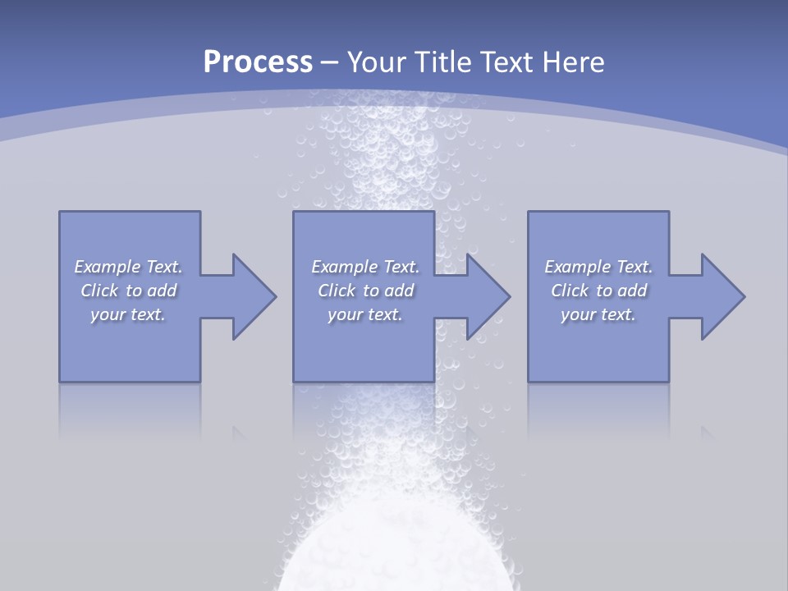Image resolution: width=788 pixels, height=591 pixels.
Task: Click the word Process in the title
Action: [258, 62]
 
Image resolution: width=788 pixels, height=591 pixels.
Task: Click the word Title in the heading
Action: [444, 62]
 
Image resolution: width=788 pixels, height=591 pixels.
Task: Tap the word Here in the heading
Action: [571, 62]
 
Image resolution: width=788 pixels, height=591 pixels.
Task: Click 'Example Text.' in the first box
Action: [128, 267]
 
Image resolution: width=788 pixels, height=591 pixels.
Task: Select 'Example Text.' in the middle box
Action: [365, 267]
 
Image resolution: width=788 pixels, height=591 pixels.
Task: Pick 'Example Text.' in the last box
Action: [598, 267]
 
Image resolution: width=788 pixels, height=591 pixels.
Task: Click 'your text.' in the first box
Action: [128, 314]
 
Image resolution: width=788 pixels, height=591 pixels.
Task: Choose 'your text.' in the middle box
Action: [365, 314]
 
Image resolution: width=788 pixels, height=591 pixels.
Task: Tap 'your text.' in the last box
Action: [598, 314]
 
